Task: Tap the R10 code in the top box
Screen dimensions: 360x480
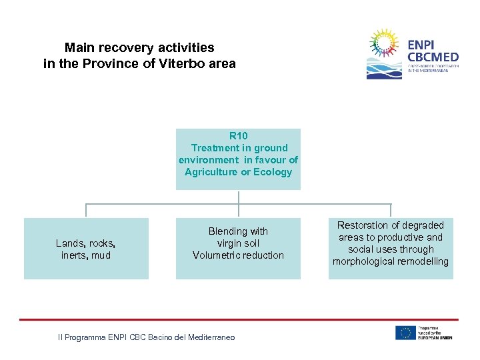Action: [238, 136]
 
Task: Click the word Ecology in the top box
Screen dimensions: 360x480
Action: [273, 172]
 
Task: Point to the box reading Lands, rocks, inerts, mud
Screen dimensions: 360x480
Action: [86, 249]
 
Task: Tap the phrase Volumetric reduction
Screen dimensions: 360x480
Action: [238, 255]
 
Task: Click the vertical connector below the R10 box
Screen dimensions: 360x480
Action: [239, 197]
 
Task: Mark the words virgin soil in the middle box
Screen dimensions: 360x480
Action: [238, 243]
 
